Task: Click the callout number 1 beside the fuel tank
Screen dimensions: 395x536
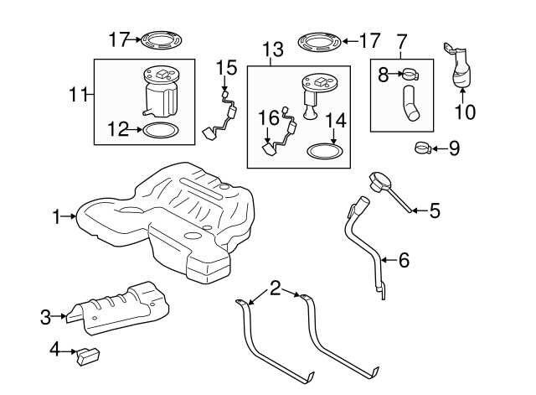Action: click(56, 217)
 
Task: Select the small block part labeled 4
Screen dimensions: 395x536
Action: click(88, 355)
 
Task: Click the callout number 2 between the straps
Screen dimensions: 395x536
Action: click(275, 289)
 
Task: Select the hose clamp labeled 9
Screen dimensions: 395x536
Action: click(423, 149)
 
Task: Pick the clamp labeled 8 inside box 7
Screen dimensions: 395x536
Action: click(409, 75)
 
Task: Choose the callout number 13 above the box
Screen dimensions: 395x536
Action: click(272, 50)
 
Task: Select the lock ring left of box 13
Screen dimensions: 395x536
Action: click(162, 39)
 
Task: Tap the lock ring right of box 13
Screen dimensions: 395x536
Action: click(322, 40)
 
